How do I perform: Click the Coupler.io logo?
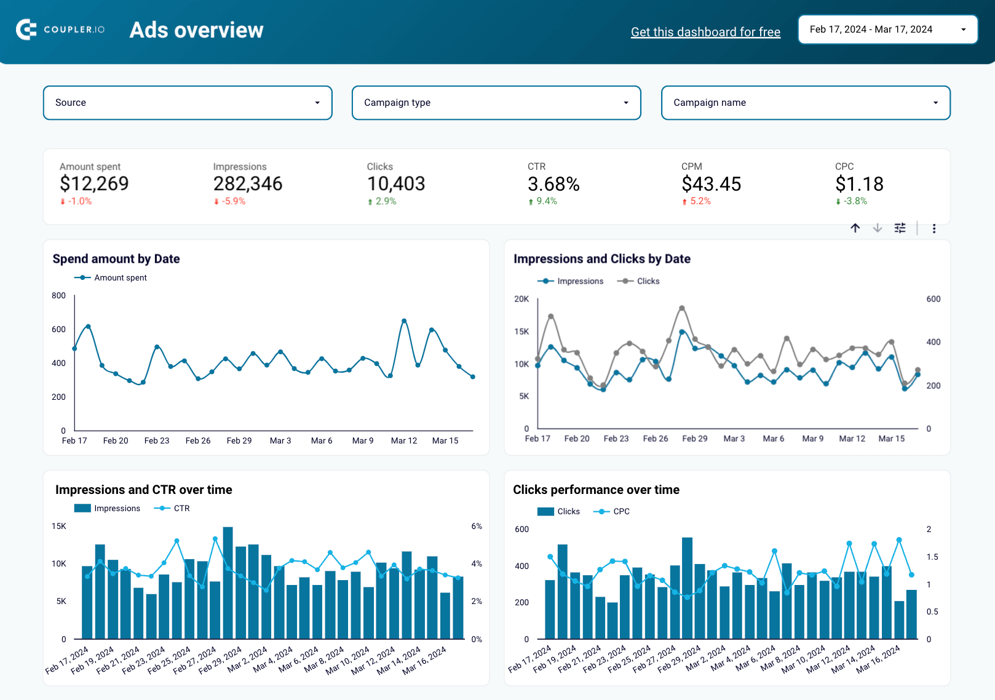click(60, 30)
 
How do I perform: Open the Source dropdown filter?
click(188, 103)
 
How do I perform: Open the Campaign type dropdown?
click(496, 103)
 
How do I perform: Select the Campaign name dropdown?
click(806, 103)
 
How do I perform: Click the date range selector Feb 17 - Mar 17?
click(887, 30)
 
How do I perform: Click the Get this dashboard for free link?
click(705, 32)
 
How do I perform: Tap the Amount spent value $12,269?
click(94, 183)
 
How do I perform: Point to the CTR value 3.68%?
click(553, 184)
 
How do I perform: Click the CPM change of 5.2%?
click(700, 201)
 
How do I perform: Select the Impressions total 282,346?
click(248, 183)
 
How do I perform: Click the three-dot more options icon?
click(934, 229)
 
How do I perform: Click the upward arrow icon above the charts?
click(855, 228)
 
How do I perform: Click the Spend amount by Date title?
click(116, 259)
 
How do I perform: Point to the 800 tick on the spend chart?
click(58, 296)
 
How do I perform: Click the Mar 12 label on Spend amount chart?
click(404, 441)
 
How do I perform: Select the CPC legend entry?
click(621, 511)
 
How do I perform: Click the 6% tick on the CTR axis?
click(477, 527)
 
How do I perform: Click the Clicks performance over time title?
click(596, 490)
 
